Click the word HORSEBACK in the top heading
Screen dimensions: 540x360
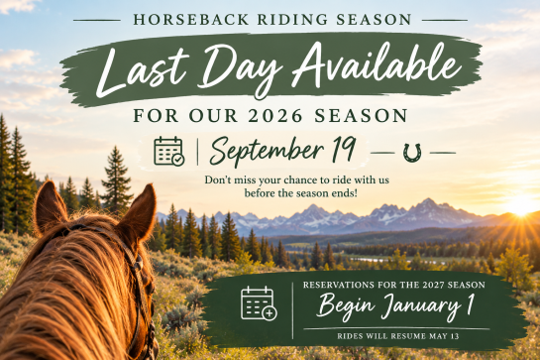pyautogui.click(x=191, y=19)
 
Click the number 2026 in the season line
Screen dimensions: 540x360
pyautogui.click(x=275, y=115)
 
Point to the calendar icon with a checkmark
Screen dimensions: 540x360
pyautogui.click(x=169, y=151)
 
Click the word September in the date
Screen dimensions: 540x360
pyautogui.click(x=267, y=151)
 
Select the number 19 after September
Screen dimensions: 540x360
pyautogui.click(x=344, y=149)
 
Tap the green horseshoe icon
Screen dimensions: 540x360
pyautogui.click(x=412, y=153)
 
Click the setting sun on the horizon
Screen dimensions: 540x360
pyautogui.click(x=522, y=205)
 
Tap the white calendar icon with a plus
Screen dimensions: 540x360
pyautogui.click(x=259, y=303)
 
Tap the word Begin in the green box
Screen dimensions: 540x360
pyautogui.click(x=346, y=306)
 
